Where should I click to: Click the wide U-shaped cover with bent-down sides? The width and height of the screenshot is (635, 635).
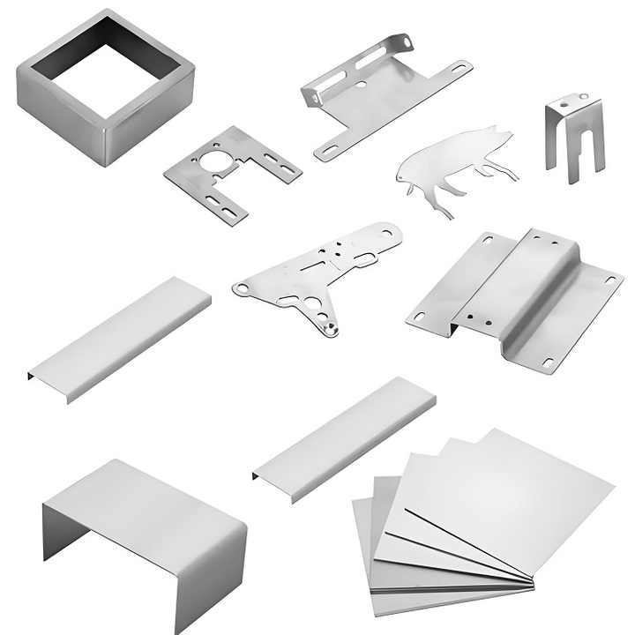point(146,529)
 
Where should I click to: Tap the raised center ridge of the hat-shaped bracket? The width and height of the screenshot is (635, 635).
point(520,282)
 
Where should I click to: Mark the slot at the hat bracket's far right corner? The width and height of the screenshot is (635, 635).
point(608,281)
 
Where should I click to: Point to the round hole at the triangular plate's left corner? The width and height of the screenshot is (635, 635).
point(239,288)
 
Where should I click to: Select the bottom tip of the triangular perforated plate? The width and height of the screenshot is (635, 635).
point(330,330)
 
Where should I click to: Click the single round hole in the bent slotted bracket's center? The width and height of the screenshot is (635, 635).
point(362,86)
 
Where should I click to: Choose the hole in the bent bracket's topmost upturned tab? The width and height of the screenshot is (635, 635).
point(406,39)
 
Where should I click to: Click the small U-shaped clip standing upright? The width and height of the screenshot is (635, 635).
point(574,137)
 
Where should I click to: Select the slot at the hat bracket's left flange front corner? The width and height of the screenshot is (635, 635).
point(419,316)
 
